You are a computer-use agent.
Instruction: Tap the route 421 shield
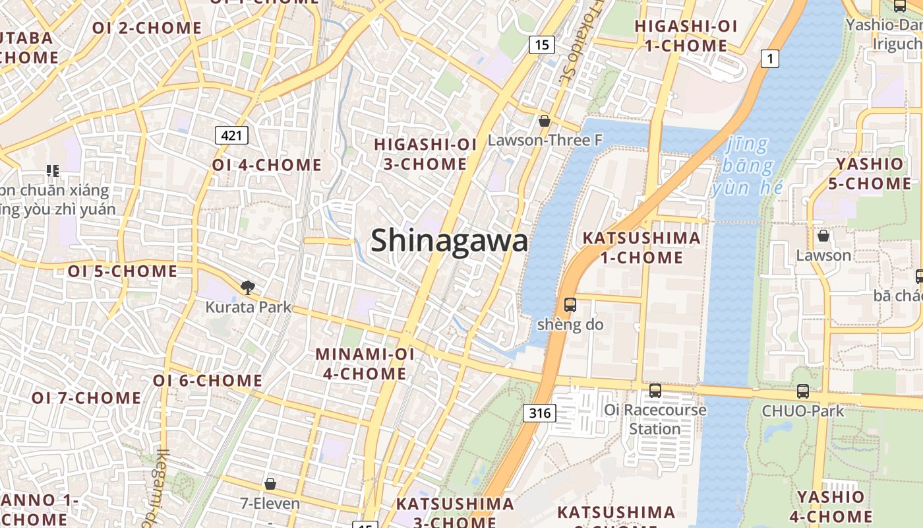click(231, 136)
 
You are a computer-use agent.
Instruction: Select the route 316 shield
click(539, 413)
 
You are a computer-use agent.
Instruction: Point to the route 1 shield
click(769, 59)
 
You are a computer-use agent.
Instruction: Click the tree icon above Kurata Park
click(248, 287)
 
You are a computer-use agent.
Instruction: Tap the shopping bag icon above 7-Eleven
click(270, 484)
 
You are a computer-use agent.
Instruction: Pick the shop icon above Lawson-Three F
click(545, 121)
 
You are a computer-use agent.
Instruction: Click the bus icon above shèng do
click(570, 305)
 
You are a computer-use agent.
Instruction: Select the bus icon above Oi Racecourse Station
click(655, 390)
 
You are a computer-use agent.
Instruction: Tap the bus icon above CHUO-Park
click(802, 391)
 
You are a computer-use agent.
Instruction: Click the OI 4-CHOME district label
click(267, 165)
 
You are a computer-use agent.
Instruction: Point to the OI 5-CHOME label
click(123, 271)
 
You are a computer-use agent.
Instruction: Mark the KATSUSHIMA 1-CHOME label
click(641, 247)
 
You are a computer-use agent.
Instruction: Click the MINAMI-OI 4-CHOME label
click(365, 364)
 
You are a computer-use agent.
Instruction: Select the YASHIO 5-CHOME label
click(870, 174)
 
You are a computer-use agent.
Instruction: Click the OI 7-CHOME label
click(86, 398)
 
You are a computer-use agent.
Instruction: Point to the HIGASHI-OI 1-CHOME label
click(685, 36)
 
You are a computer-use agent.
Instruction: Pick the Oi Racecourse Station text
click(655, 419)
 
